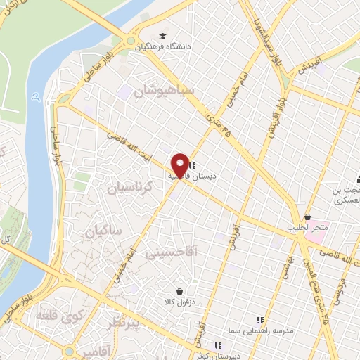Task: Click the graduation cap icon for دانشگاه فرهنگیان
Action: point(163,36)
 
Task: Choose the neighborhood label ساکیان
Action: point(103,230)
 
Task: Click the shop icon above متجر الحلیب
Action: point(307,217)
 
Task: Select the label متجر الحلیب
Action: point(307,228)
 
